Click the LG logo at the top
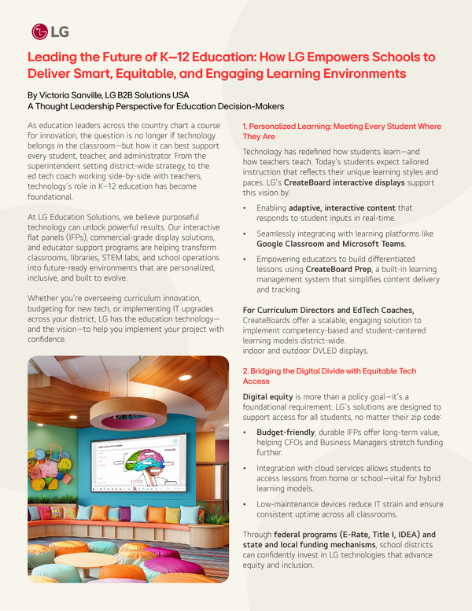click(50, 31)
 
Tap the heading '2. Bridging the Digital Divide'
click(330, 376)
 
